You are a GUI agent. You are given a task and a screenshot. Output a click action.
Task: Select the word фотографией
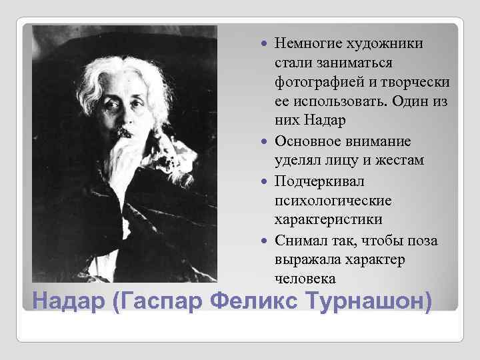(x=311, y=82)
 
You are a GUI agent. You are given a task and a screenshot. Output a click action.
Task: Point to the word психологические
(x=327, y=200)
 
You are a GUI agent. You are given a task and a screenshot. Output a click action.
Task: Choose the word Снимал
(x=299, y=239)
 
